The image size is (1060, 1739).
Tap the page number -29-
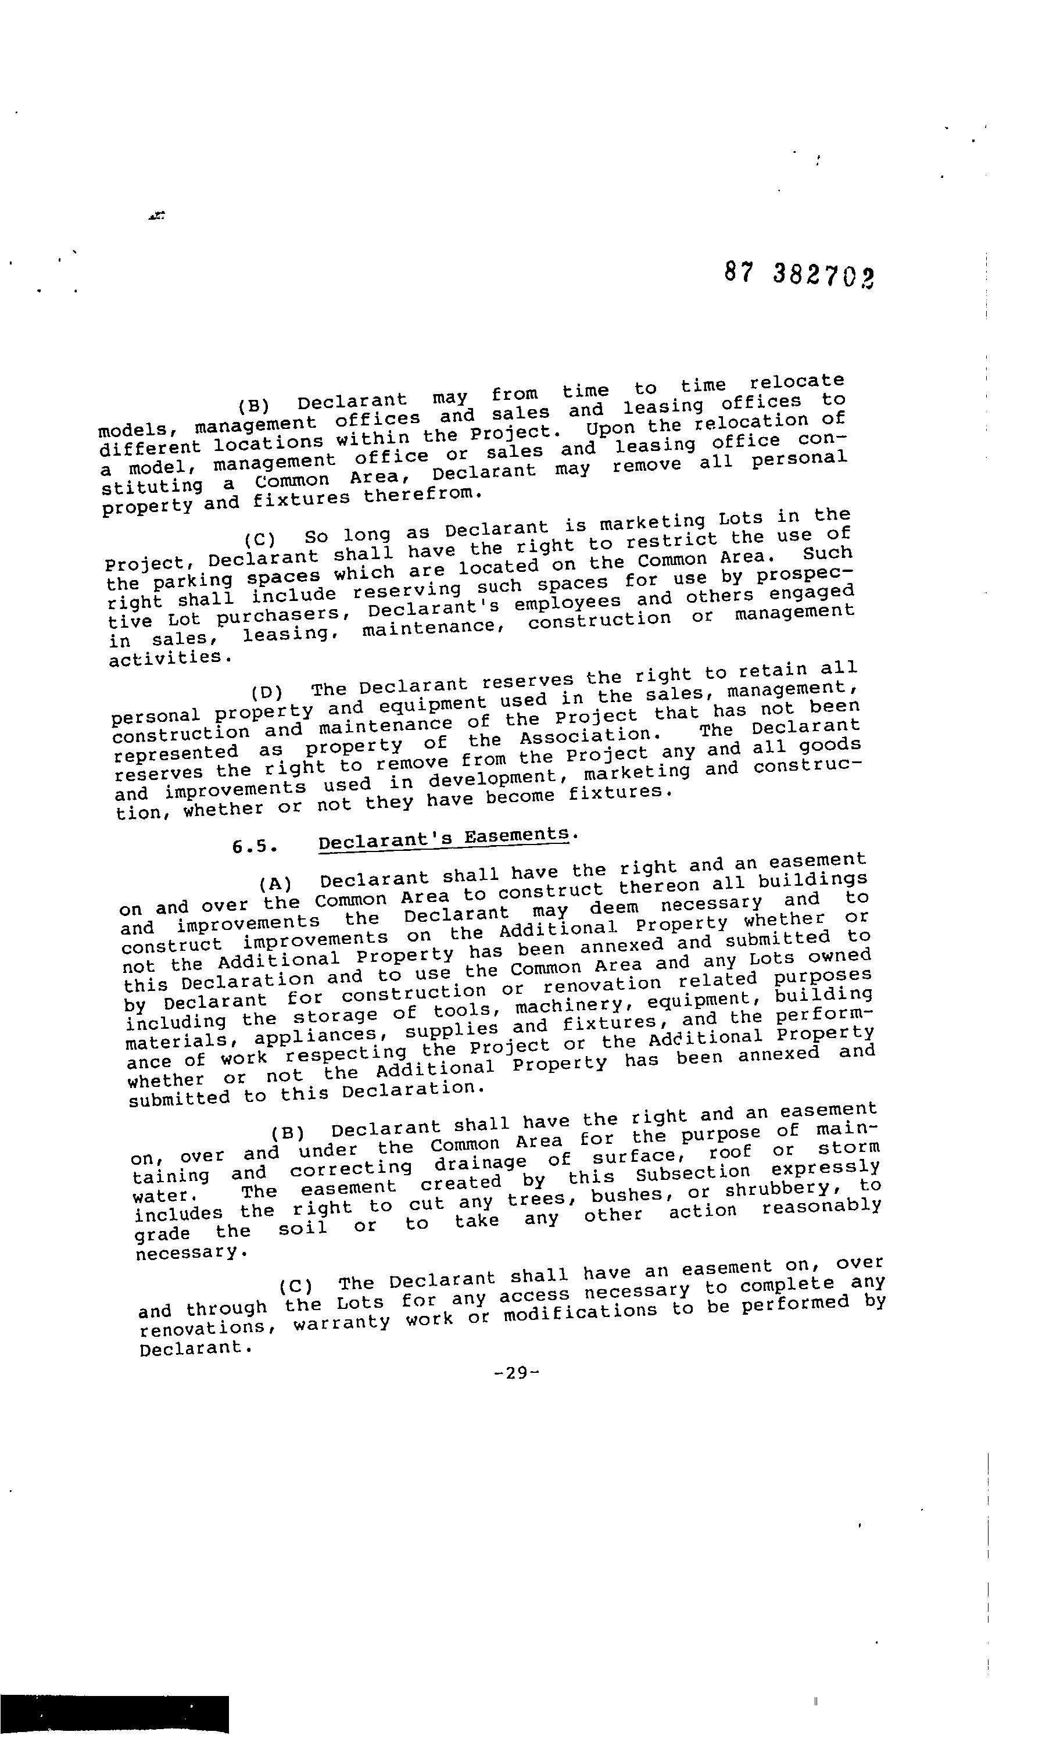pyautogui.click(x=517, y=1373)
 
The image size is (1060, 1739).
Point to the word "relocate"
pyautogui.click(x=797, y=381)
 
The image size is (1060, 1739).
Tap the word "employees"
pyautogui.click(x=568, y=603)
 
